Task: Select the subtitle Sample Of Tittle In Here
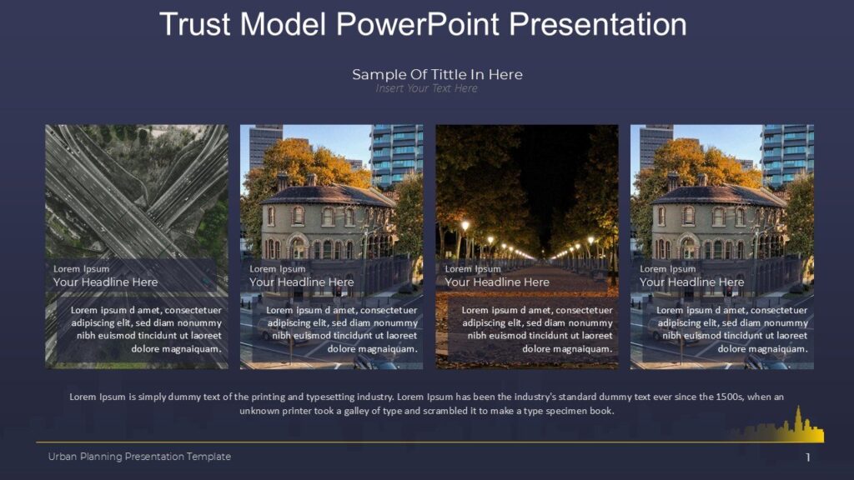point(437,74)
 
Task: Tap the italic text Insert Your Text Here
point(426,88)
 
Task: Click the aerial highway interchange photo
point(136,192)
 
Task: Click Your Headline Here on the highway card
point(105,282)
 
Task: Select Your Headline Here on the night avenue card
point(497,282)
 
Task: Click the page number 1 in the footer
point(808,457)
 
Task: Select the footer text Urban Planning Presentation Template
point(139,457)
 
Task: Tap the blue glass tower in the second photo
point(396,154)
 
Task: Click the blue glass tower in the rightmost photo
point(786,154)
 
